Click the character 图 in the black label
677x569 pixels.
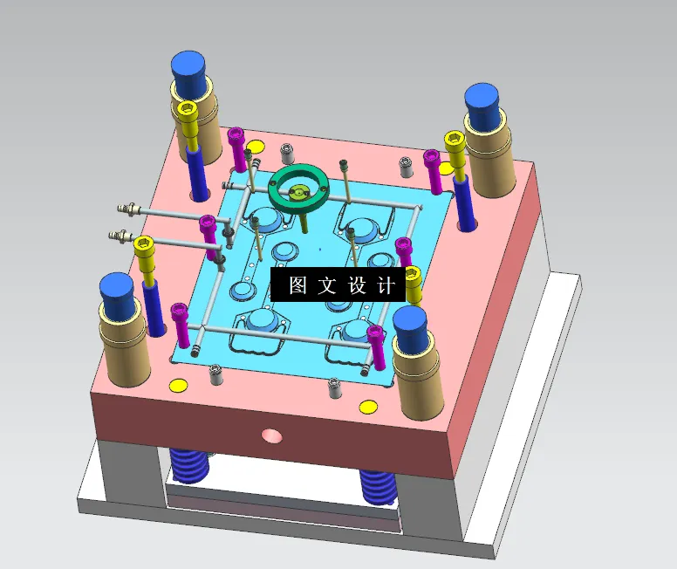pyautogui.click(x=297, y=285)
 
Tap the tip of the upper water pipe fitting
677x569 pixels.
pyautogui.click(x=123, y=208)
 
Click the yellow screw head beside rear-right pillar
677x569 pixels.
pyautogui.click(x=454, y=138)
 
